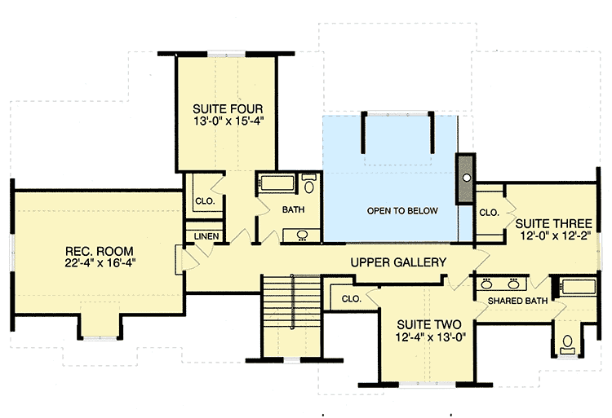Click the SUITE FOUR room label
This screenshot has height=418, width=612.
(228, 108)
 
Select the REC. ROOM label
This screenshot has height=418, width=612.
(100, 250)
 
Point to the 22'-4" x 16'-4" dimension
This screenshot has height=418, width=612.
(100, 264)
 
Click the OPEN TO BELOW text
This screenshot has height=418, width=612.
(402, 211)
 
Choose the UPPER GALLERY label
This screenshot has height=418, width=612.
(398, 262)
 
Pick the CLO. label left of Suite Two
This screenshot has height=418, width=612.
(352, 298)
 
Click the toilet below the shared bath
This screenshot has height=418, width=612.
(567, 341)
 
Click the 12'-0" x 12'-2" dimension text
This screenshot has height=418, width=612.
(552, 235)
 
